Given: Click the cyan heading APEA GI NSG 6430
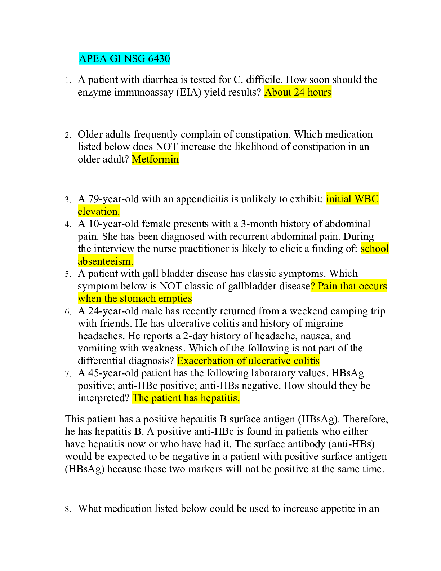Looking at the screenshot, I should point(124,58).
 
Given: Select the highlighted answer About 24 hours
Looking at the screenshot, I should point(298,92).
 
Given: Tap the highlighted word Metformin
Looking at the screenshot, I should point(155,159).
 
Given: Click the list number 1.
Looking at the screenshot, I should point(68,80).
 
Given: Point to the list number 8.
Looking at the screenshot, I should point(68,509).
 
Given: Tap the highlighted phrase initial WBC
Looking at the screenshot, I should point(352,199).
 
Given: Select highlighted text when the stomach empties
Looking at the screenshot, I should point(135,298).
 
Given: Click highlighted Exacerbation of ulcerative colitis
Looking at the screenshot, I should point(248,361).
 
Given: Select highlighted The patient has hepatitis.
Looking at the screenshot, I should point(186,398).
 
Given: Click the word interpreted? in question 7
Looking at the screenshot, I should point(103,398).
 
